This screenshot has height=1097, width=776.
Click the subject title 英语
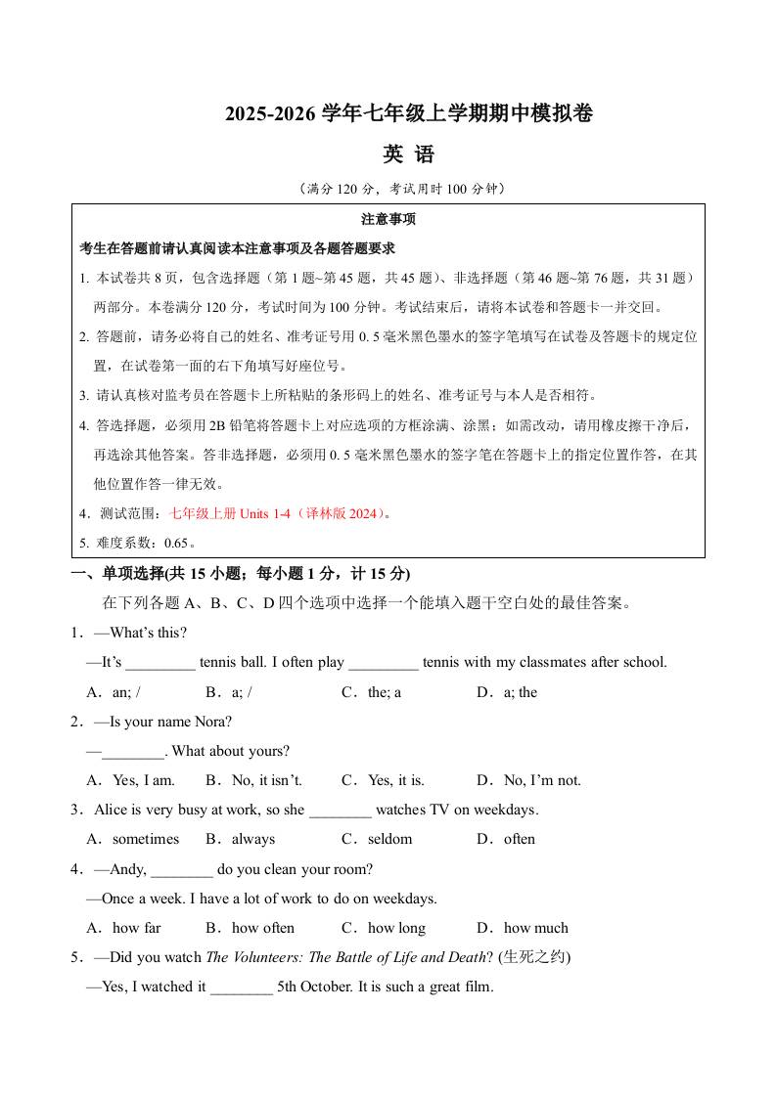click(x=408, y=154)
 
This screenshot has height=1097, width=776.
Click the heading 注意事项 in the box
click(x=388, y=219)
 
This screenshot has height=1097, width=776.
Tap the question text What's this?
click(x=148, y=633)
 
